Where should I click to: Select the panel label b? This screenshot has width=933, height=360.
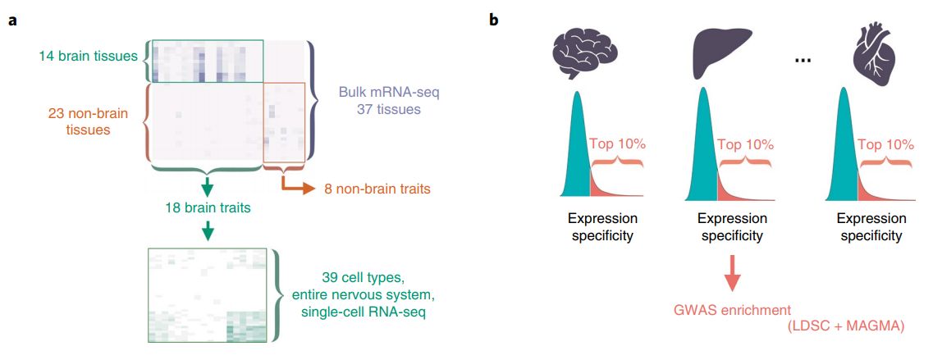pos(494,21)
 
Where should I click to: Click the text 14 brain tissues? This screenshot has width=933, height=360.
pos(89,57)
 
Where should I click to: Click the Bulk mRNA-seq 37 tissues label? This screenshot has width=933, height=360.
pos(376,101)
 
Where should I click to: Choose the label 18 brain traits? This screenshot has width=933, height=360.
pos(208,208)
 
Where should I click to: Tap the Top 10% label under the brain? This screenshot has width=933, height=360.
pos(617,145)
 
